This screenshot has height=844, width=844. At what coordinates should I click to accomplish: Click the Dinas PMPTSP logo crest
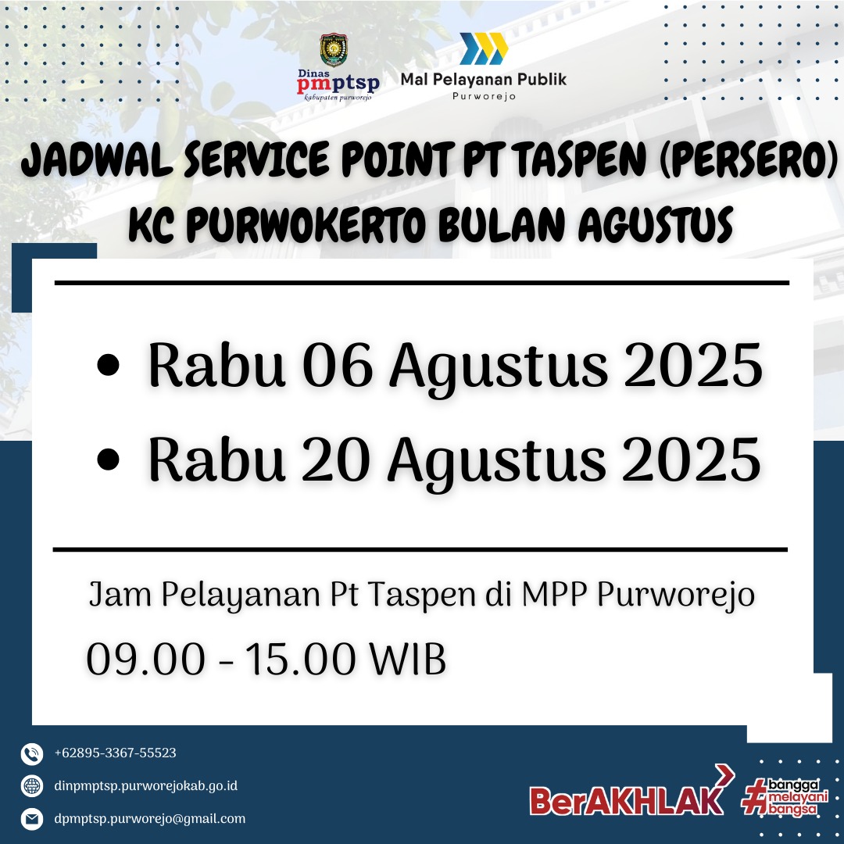334,50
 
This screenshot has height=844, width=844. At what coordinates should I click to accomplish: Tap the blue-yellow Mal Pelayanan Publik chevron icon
484,48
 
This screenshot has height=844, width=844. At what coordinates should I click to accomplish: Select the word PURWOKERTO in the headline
307,224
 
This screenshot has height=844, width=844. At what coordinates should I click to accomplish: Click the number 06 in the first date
338,366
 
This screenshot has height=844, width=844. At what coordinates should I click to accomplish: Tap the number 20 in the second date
336,460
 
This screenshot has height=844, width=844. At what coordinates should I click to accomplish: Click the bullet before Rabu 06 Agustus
108,364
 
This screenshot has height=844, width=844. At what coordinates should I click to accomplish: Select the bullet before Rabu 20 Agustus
108,460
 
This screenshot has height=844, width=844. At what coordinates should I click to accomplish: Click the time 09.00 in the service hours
146,659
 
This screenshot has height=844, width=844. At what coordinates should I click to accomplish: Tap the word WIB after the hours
407,659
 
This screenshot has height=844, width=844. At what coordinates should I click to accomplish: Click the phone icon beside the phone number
32,753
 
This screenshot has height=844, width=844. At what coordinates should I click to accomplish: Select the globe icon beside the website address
32,786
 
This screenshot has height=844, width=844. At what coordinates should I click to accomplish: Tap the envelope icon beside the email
32,819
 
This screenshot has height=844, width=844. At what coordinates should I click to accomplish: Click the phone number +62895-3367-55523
115,753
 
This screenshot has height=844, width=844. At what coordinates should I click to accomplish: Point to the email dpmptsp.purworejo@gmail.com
149,819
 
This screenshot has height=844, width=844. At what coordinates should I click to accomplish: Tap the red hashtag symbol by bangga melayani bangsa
755,796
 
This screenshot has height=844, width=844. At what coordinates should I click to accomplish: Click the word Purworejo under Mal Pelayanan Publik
484,96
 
